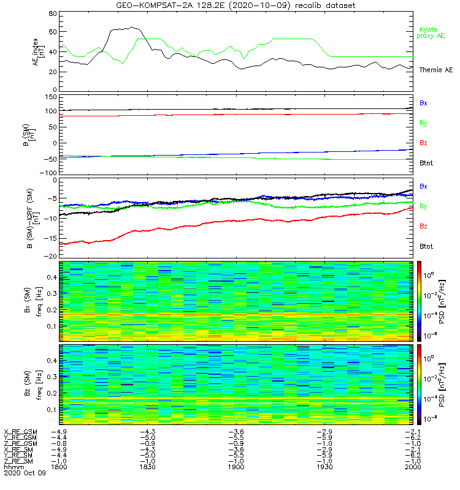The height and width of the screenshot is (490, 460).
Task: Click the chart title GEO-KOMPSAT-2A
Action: click(x=185, y=6)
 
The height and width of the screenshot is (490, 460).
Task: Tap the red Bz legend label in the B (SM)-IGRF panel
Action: click(x=423, y=227)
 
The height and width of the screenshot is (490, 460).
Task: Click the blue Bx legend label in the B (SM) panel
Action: click(x=423, y=103)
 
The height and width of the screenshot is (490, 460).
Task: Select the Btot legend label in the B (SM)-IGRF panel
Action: click(x=425, y=246)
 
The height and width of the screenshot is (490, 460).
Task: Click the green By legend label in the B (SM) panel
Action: click(x=423, y=123)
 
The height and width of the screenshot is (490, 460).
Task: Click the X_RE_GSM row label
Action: click(x=20, y=432)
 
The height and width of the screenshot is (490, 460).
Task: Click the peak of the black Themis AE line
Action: click(x=132, y=27)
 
